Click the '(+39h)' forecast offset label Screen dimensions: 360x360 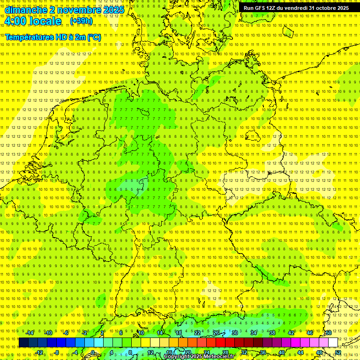point(81,21)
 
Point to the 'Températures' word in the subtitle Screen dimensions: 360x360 point(29,37)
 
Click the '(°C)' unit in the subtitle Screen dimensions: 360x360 point(94,37)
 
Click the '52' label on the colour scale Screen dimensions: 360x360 point(338,352)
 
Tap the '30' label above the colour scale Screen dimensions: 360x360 point(235,333)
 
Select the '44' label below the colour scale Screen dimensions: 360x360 point(300,352)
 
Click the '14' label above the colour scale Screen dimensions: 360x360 point(160,333)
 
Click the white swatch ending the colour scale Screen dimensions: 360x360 point(333,343)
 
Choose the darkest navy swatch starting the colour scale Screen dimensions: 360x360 point(23,343)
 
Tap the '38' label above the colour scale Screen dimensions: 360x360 point(272,333)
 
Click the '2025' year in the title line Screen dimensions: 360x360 point(112,10)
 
